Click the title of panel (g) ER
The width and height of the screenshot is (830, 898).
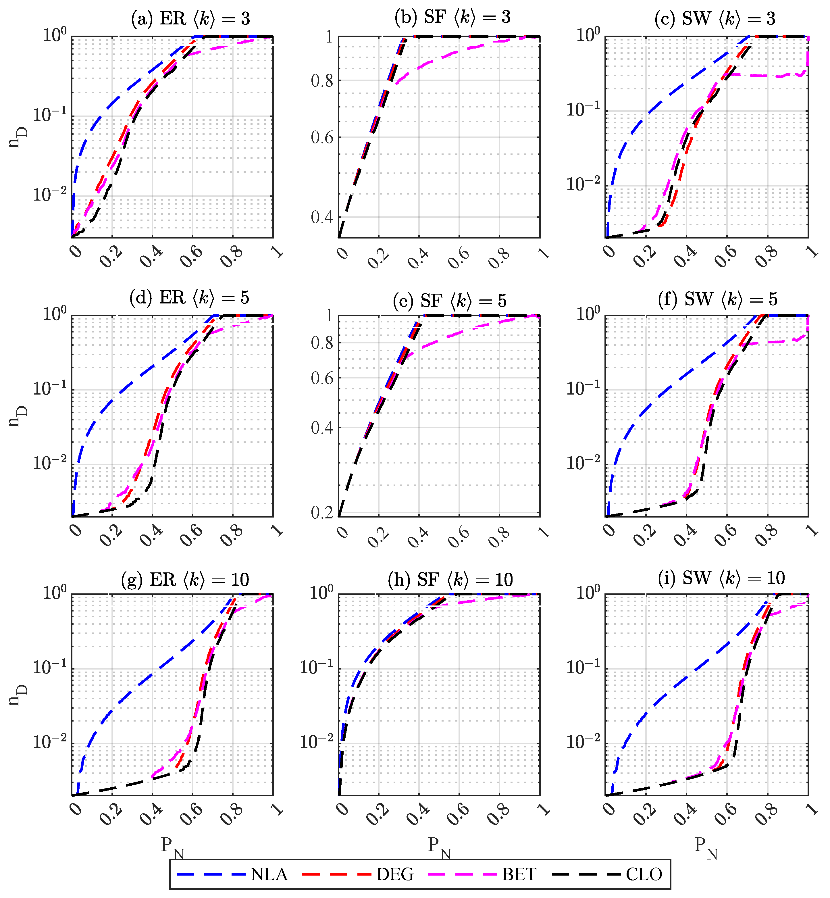coord(185,580)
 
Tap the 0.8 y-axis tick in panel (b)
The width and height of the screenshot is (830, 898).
coord(322,81)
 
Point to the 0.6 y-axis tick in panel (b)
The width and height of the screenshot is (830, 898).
coord(322,137)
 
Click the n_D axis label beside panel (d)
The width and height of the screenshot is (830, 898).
coord(18,416)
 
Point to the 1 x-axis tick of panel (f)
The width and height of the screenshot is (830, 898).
coord(812,530)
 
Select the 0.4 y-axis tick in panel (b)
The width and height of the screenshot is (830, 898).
coord(322,218)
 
